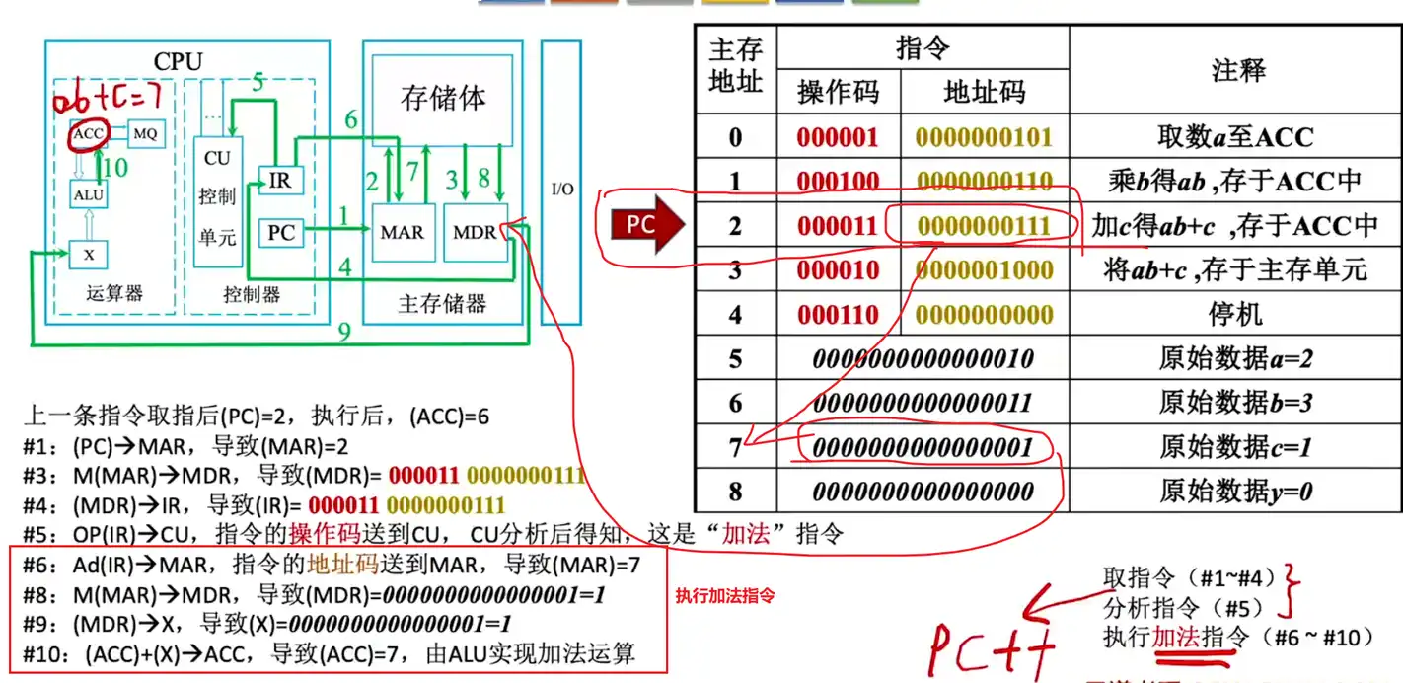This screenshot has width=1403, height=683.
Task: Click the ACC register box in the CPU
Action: (88, 133)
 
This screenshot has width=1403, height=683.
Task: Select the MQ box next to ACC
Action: (144, 133)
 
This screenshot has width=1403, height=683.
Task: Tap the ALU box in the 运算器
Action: (88, 194)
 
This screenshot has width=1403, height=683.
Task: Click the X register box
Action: (88, 255)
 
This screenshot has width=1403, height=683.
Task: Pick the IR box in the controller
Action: (280, 181)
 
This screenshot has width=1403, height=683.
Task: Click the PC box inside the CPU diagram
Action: (281, 233)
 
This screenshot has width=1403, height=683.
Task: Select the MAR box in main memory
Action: (402, 233)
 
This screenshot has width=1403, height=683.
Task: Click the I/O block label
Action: (561, 189)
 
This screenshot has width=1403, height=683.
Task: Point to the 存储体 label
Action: (443, 99)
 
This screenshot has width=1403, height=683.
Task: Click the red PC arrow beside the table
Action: (647, 225)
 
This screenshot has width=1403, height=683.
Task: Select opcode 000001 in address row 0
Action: (837, 137)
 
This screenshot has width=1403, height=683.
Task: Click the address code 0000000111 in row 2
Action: (984, 226)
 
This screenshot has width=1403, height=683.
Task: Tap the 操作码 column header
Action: (837, 93)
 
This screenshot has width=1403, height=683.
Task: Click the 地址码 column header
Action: (984, 93)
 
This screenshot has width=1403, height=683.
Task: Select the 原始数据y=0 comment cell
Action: (1236, 491)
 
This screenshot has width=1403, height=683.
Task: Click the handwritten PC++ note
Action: (992, 646)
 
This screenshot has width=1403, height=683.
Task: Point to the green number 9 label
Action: (344, 333)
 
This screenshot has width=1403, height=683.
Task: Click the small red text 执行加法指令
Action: (725, 596)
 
